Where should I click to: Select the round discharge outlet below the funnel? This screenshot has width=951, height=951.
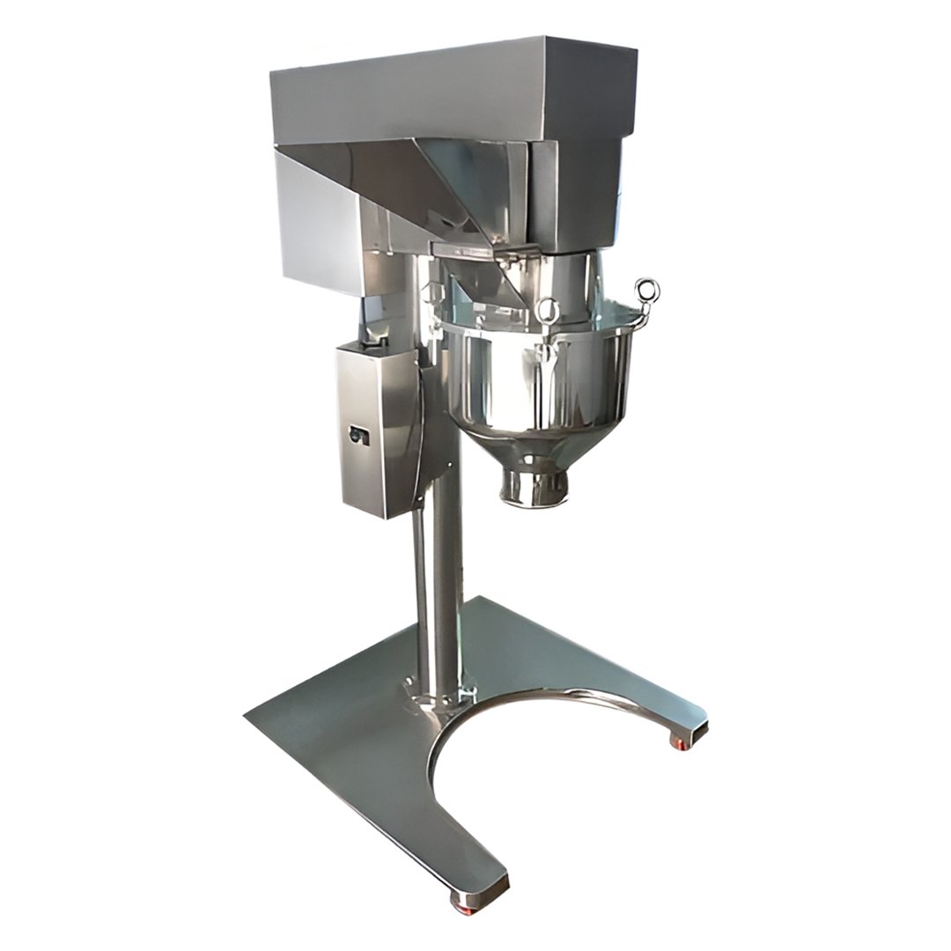(534, 487)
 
